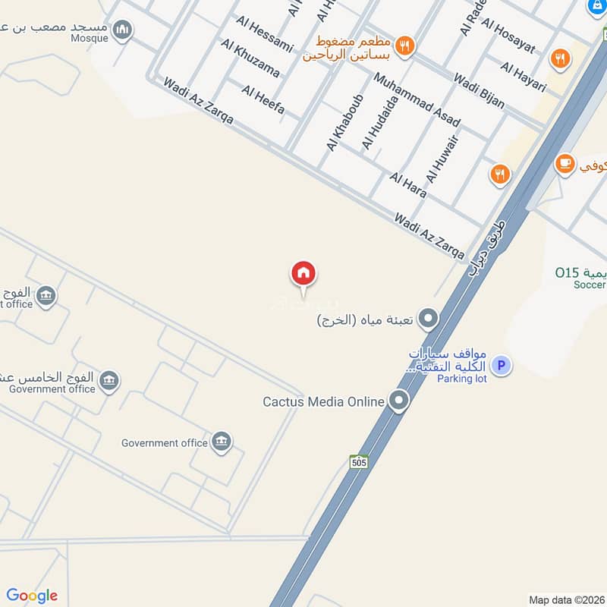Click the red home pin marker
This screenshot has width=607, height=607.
(x=303, y=273)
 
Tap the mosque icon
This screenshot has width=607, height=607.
(x=122, y=30)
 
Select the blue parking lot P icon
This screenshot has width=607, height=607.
(x=500, y=366)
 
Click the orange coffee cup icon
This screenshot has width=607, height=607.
(x=565, y=163)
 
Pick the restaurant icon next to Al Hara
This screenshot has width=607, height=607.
(x=498, y=175)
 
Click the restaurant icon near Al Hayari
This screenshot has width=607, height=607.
(x=560, y=58)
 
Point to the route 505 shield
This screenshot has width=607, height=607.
(x=360, y=461)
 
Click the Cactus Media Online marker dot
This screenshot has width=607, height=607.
(x=399, y=401)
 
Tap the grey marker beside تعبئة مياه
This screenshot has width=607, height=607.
(x=429, y=319)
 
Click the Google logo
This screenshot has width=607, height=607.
(x=32, y=596)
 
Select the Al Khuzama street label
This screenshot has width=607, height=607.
(x=250, y=58)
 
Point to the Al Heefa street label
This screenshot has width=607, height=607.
(x=263, y=100)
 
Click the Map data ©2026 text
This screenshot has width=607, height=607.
(x=566, y=600)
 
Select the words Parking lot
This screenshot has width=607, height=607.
(x=461, y=379)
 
